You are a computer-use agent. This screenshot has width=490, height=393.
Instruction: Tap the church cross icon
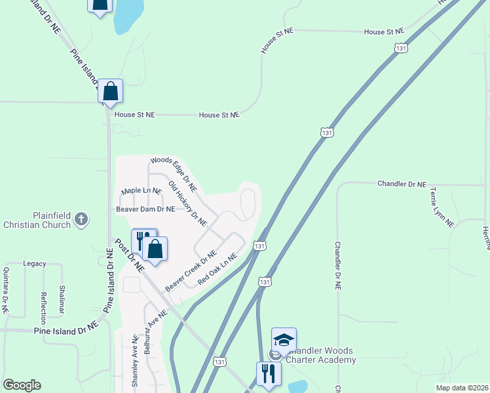coord(81,219)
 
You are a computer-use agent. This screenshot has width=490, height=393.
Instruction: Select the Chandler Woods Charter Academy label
coord(316,355)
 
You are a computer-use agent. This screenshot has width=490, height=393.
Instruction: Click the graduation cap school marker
coord(284,340)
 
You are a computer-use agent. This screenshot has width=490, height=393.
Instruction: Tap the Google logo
coord(22,385)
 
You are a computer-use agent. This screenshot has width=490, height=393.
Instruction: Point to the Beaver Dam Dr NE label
coord(145,209)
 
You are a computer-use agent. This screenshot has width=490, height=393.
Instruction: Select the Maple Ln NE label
coord(141,191)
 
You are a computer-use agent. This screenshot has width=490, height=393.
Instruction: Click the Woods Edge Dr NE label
coord(170,169)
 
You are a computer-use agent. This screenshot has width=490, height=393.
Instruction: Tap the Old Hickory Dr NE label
coord(187,204)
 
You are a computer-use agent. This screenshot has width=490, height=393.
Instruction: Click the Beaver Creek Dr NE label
coord(191,271)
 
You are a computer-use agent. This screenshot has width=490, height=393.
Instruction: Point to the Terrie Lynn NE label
coord(442,206)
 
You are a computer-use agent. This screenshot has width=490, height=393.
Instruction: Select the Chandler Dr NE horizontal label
coord(402,185)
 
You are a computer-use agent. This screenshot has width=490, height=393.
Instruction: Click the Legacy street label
coord(34,263)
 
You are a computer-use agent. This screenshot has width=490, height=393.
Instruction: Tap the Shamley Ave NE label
coord(135,363)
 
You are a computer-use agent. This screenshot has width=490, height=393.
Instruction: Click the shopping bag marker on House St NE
coord(110,91)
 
